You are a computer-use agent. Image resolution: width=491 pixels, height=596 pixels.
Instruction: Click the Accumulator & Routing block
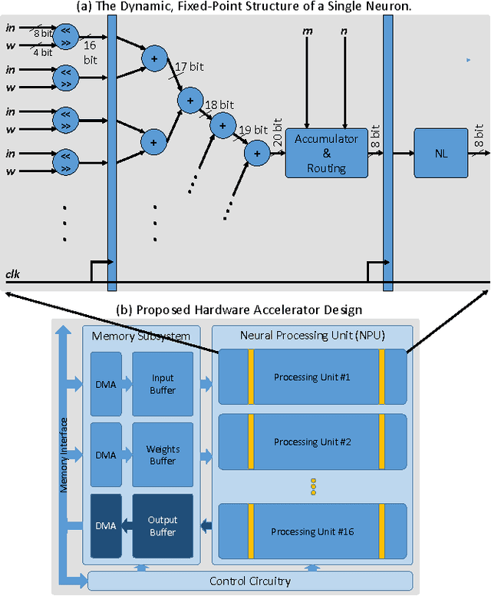coord(327,153)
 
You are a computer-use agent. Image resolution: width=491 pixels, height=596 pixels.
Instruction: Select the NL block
coord(440,153)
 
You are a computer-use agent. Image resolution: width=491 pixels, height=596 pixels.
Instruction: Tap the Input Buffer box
coord(162,384)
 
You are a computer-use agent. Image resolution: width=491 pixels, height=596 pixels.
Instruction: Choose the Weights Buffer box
coord(162,455)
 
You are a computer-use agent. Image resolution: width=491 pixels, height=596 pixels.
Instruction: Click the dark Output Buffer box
coord(162,526)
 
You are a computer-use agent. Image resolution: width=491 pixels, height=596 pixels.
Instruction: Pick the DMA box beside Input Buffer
coord(105,384)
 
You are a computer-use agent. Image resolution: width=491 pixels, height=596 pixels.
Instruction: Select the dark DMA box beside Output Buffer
coord(105,526)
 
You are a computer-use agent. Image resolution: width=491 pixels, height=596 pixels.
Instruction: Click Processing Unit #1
coord(312,376)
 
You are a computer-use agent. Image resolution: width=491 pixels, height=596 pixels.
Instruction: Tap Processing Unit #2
coord(312,442)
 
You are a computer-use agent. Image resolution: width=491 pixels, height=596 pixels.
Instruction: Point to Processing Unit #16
coord(312,530)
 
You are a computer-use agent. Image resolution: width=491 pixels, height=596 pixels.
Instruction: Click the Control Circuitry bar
coord(250,581)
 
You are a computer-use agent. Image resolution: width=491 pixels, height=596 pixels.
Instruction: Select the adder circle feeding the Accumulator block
coord(256,153)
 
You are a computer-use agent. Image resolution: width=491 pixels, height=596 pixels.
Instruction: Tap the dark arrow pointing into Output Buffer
coord(206,525)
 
